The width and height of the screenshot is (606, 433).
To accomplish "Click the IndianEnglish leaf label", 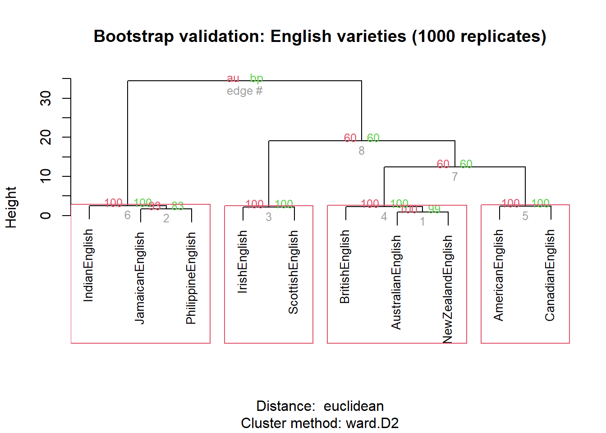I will click(x=88, y=265).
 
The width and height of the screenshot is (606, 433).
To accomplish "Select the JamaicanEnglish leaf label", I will click(x=140, y=278).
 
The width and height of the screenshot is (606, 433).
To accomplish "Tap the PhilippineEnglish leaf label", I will click(x=191, y=278).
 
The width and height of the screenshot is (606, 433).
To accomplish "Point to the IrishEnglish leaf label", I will click(x=243, y=262).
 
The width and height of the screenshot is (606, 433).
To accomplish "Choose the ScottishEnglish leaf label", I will click(x=294, y=272).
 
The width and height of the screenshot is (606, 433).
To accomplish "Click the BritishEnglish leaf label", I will click(x=345, y=267).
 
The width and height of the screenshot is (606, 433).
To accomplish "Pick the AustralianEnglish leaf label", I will click(x=396, y=282).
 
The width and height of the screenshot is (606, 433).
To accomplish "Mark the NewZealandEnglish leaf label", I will click(x=447, y=289).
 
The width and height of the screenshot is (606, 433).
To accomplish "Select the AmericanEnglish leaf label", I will click(x=499, y=275).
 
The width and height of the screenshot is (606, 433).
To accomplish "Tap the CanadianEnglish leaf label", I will click(x=550, y=275).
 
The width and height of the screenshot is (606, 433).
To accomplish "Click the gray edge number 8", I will click(x=362, y=151).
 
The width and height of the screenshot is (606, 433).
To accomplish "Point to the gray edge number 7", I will click(x=455, y=177).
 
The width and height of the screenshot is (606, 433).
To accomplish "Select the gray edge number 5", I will click(x=525, y=216).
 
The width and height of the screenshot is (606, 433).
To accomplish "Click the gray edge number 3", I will click(x=269, y=217).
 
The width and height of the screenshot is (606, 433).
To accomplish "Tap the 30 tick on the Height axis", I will click(x=46, y=98).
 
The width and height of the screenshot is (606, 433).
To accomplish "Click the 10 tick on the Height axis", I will click(x=46, y=176).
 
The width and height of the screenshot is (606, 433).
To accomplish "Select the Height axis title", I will click(x=11, y=207).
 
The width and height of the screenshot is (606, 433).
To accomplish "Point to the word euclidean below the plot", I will click(x=353, y=406).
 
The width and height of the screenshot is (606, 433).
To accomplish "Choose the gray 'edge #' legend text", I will click(x=244, y=91).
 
